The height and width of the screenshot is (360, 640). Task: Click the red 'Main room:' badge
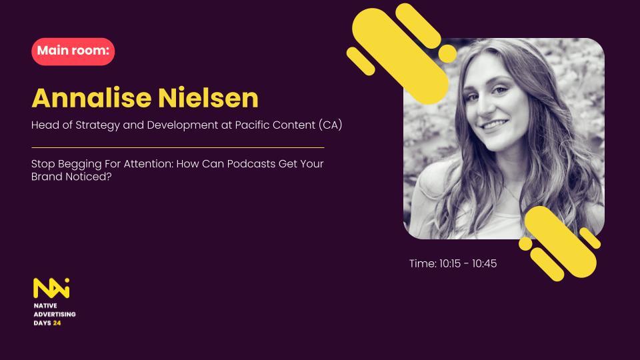(x=73, y=51)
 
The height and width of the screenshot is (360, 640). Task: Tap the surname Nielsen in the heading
(x=208, y=98)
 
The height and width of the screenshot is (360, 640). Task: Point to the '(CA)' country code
(x=330, y=125)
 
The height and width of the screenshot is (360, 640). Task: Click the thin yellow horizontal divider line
(x=178, y=147)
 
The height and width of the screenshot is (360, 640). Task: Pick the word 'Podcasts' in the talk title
(x=251, y=164)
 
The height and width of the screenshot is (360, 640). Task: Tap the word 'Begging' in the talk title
(x=79, y=165)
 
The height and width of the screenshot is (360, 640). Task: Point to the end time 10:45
(x=485, y=264)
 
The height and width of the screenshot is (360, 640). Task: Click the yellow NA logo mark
(x=51, y=288)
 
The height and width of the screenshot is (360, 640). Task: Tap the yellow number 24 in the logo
(x=57, y=323)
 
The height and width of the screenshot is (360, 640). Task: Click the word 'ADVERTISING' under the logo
(x=55, y=314)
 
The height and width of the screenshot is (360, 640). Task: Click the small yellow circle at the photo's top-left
(x=447, y=53)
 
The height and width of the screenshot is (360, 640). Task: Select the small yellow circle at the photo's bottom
(x=525, y=244)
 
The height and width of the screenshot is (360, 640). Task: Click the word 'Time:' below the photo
(x=423, y=264)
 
